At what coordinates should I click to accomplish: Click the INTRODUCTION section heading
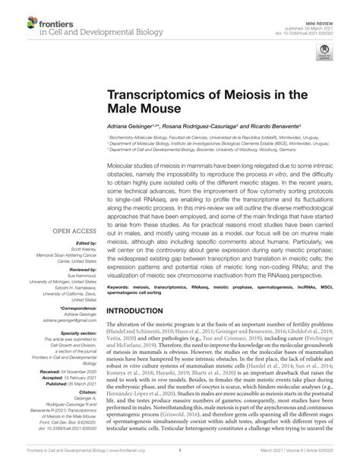coord(149,270)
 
